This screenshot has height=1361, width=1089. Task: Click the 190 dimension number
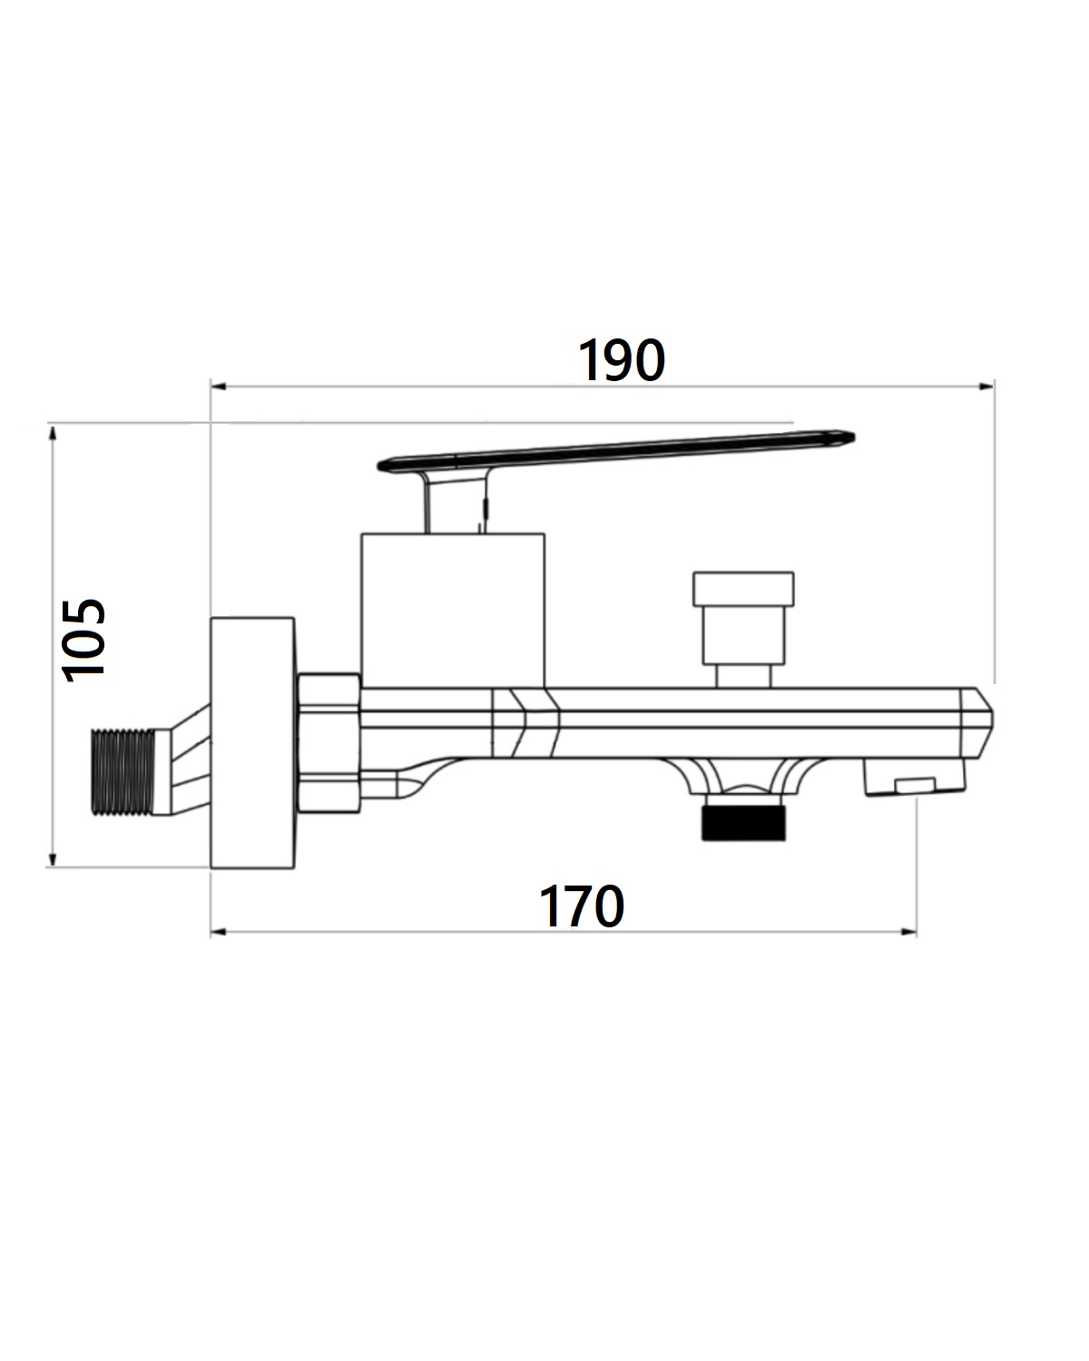coord(621,360)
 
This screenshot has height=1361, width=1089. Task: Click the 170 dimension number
coord(581,906)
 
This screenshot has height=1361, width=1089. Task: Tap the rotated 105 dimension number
coord(83,640)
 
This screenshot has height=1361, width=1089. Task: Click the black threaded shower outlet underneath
coord(743,824)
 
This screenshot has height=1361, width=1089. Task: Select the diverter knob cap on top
coord(743,590)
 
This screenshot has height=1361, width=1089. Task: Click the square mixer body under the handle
coord(453,611)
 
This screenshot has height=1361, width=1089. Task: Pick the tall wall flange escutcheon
coord(252,742)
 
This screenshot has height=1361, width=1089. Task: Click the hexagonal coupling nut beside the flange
coord(329,743)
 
